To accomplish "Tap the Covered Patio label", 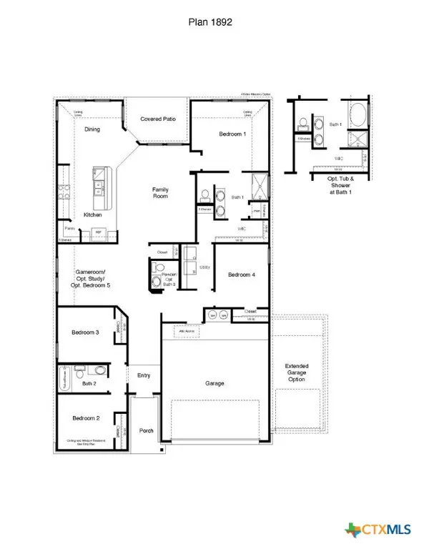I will point(158,119).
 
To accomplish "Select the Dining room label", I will point(92,129).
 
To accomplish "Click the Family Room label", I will point(160,193).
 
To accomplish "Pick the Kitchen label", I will point(93,214).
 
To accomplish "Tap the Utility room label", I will point(204,267).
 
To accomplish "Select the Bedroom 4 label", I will point(242,274).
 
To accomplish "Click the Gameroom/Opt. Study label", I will point(91,279).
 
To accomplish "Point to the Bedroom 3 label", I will point(85,332).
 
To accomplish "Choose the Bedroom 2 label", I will point(85,417).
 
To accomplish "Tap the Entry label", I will point(144,375).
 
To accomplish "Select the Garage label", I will point(215,383).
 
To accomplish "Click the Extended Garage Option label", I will point(296,372).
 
